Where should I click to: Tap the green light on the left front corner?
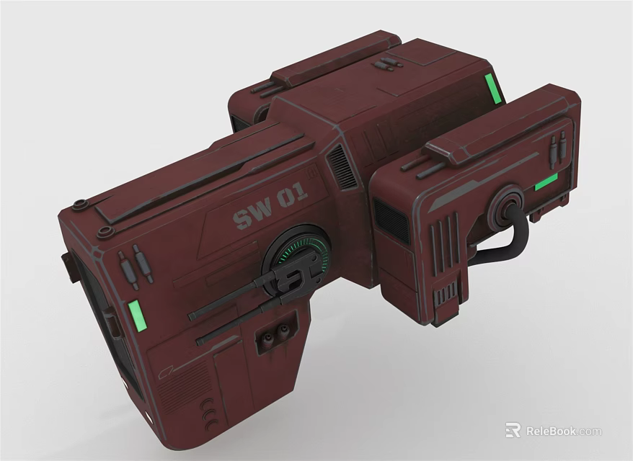135,317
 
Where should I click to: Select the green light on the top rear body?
492,89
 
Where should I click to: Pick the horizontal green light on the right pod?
546,182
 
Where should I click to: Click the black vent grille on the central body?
342,166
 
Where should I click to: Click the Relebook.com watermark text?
563,431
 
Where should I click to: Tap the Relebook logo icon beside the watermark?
513,430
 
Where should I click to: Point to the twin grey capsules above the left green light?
135,264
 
